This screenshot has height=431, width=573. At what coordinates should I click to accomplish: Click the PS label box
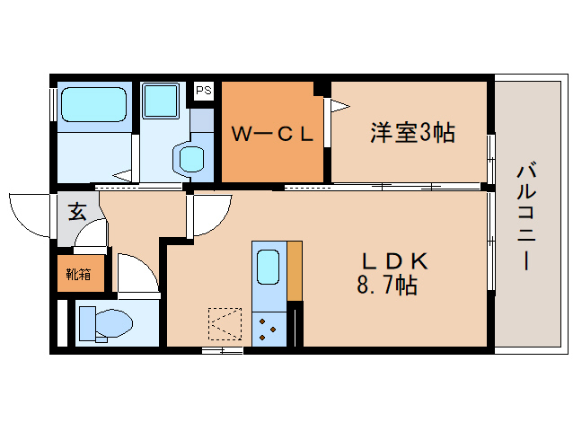(x=204, y=91)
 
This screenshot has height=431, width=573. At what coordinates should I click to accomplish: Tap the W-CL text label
(x=273, y=135)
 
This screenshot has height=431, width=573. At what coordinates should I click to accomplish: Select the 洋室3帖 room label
(x=411, y=133)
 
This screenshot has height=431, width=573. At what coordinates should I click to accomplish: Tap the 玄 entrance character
(x=78, y=213)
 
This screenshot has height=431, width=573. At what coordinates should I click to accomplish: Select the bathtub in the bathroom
(x=92, y=104)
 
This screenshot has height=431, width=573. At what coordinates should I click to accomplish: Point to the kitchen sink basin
(x=269, y=266)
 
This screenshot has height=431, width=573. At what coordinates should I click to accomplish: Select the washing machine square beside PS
(x=163, y=101)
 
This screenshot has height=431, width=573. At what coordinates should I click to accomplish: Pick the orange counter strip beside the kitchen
(x=294, y=271)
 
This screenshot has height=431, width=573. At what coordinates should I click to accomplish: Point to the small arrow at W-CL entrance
(x=339, y=107)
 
